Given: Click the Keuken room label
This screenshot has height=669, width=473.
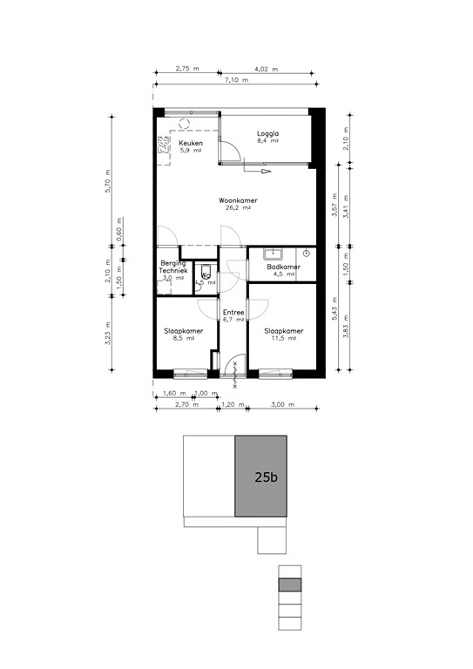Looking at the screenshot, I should pyautogui.click(x=191, y=143).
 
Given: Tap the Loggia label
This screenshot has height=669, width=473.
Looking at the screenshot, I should pyautogui.click(x=267, y=133).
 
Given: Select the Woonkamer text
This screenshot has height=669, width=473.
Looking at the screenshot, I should pyautogui.click(x=238, y=200).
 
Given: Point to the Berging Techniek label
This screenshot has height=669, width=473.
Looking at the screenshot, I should pyautogui.click(x=172, y=267).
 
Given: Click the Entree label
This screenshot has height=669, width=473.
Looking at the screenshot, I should pyautogui.click(x=233, y=312).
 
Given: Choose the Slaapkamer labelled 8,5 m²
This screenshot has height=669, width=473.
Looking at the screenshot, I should pyautogui.click(x=184, y=331).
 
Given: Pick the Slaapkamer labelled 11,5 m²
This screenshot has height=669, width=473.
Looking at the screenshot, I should pyautogui.click(x=284, y=331).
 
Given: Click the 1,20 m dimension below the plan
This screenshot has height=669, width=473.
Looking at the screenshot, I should pyautogui.click(x=231, y=405).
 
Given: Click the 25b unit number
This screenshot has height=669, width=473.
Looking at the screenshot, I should pyautogui.click(x=266, y=477).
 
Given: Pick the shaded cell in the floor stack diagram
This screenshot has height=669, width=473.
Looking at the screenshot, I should pyautogui.click(x=289, y=585).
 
